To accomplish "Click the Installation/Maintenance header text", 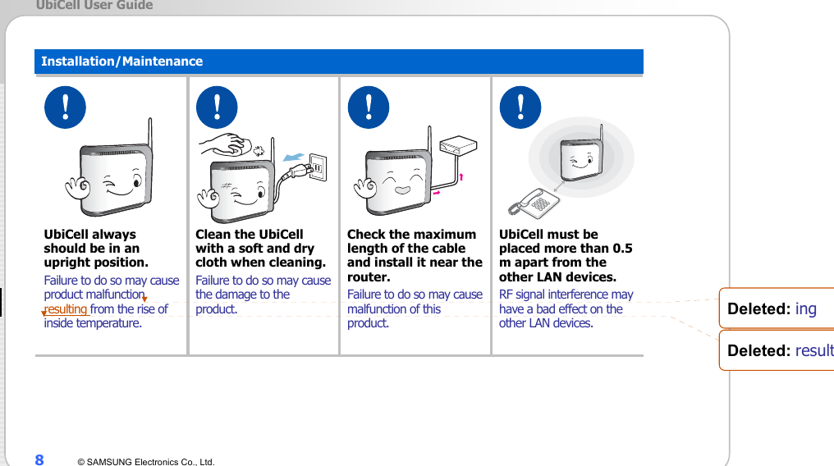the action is coord(121,62).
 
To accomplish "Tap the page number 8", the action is coord(39,459).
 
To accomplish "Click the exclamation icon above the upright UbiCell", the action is coord(64,107).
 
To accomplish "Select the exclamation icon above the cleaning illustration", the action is coord(217,107).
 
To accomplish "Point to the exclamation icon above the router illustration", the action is coord(368,107).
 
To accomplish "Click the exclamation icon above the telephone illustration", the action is coord(520,107).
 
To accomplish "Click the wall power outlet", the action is coord(316,167).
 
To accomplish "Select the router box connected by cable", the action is coord(458,146).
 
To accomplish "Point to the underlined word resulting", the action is coord(66,309).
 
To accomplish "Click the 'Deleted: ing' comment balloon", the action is coord(777,309).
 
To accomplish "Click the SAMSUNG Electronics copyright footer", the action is coord(146,462).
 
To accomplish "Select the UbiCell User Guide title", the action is coord(94,6).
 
